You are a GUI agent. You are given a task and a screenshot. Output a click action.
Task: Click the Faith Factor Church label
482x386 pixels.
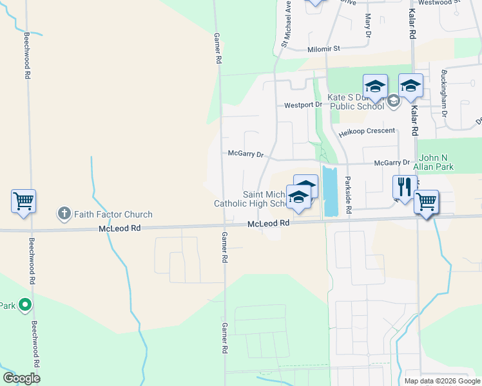[113, 214]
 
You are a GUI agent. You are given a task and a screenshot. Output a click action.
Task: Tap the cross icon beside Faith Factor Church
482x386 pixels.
[64, 214]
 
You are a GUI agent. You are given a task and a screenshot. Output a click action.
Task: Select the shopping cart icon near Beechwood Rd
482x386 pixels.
[23, 201]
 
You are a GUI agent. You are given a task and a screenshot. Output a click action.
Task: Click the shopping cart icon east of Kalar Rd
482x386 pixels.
[426, 202]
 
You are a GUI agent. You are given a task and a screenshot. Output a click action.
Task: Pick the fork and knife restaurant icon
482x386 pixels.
[405, 187]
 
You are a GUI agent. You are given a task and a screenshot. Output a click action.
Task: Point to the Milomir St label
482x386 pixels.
[333, 48]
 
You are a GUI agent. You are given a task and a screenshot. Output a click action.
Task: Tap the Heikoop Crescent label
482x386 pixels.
[367, 131]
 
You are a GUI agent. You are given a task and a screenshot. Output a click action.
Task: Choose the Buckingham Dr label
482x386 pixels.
[444, 93]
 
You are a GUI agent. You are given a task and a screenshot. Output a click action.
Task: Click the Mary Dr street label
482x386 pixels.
[368, 26]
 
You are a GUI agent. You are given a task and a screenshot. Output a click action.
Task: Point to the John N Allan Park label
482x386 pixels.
[436, 162]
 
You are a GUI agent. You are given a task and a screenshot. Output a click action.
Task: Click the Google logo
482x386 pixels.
[21, 378]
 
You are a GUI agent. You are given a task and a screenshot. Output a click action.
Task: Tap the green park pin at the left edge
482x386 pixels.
[25, 304]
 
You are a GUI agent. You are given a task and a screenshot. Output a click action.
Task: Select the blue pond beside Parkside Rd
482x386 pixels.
[329, 191]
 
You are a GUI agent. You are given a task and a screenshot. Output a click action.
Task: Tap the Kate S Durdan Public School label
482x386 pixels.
[356, 102]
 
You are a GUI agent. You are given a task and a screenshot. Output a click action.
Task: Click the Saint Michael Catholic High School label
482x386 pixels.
[253, 199]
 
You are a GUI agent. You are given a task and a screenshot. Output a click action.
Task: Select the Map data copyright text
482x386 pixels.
[441, 381]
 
